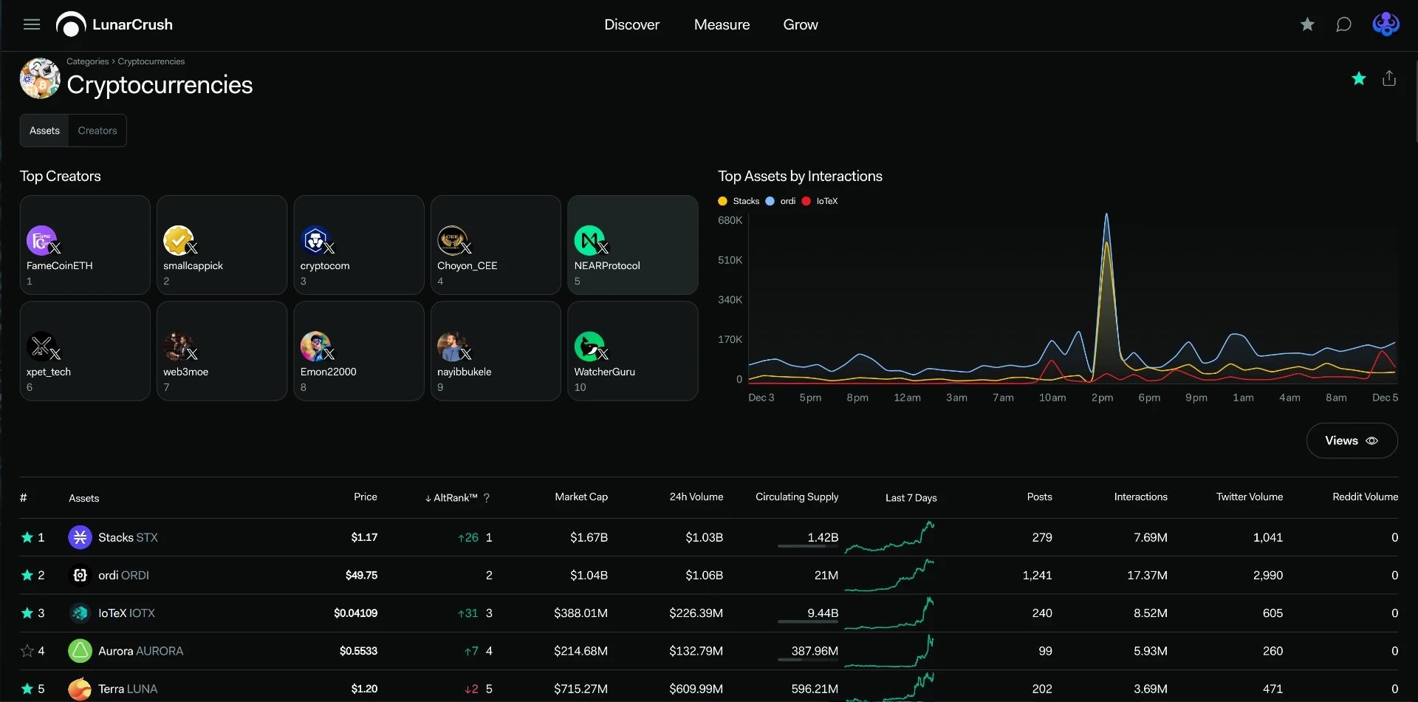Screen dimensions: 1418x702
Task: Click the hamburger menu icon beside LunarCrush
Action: (32, 24)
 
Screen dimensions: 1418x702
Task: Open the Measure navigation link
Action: (722, 24)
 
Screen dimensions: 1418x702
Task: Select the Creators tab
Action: (97, 131)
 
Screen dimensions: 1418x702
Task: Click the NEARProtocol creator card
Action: (633, 245)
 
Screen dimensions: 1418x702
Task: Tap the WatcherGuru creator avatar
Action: (589, 346)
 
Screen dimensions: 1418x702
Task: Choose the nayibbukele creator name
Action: (464, 372)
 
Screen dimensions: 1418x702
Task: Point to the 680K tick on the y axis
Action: (730, 220)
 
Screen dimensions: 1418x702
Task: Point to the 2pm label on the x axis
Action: (1102, 398)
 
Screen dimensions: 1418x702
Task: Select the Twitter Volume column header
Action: (1250, 497)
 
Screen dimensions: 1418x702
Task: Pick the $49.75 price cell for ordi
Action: (361, 575)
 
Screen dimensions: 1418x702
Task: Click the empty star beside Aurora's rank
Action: (27, 651)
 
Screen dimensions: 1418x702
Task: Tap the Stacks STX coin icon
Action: (80, 537)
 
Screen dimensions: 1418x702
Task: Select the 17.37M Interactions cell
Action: (1147, 575)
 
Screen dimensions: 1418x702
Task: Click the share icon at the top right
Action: (1389, 78)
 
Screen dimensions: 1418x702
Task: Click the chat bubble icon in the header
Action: (1343, 24)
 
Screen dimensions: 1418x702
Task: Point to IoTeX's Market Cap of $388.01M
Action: (580, 613)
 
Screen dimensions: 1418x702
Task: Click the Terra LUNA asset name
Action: (128, 689)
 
